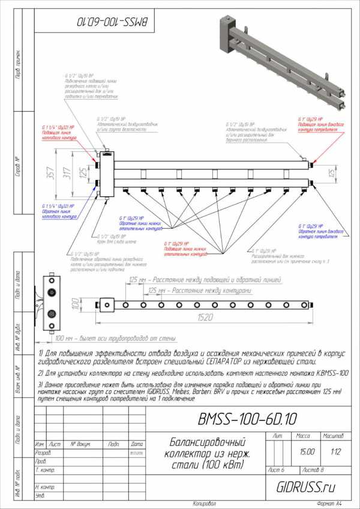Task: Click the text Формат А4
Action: click(330, 502)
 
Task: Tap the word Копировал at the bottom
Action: click(205, 502)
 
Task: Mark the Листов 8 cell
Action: click(315, 468)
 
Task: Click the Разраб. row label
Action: click(43, 453)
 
